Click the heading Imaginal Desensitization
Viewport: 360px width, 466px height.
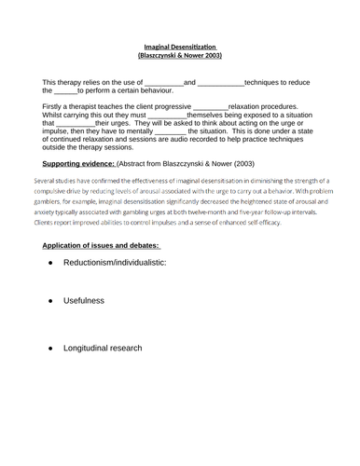(x=179, y=46)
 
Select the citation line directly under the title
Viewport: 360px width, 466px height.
(x=180, y=55)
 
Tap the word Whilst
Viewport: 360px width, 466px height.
(x=57, y=117)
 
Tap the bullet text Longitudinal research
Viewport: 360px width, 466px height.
(x=103, y=348)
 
